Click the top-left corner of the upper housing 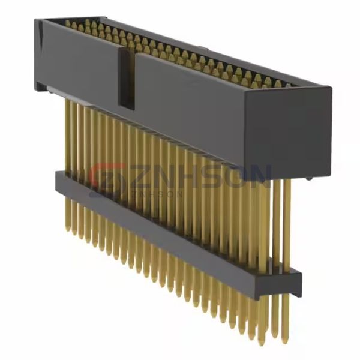(x=37, y=22)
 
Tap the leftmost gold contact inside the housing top (x=67, y=24)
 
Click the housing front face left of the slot (x=78, y=60)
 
